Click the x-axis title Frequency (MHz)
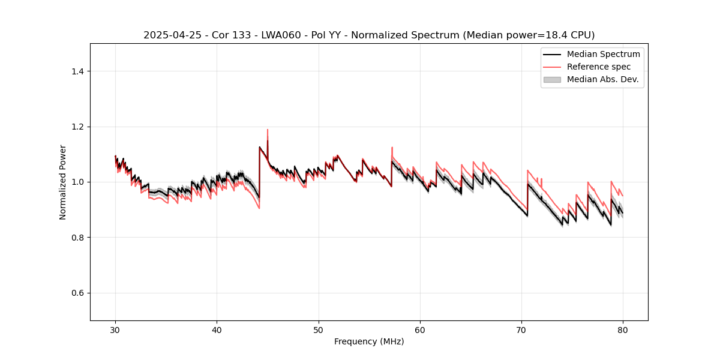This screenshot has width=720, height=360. pyautogui.click(x=369, y=341)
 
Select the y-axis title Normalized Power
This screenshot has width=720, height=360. pyautogui.click(x=63, y=182)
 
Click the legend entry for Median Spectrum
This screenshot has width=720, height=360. pyautogui.click(x=603, y=54)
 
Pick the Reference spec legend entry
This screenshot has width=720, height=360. pyautogui.click(x=598, y=67)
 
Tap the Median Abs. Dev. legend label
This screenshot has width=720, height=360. pyautogui.click(x=602, y=79)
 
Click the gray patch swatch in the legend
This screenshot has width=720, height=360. pyautogui.click(x=552, y=79)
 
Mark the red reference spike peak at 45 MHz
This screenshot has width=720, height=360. pyautogui.click(x=268, y=130)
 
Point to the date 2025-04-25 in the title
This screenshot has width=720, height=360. pyautogui.click(x=168, y=35)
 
